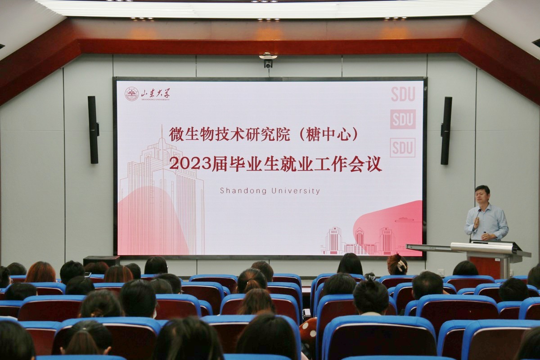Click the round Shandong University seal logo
point(131,94)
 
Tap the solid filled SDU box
point(403,119)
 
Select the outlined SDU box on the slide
point(403,148)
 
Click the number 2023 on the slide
point(190,164)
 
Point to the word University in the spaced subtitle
point(296,191)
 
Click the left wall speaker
point(93,130)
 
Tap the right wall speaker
point(446,130)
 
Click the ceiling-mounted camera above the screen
point(268,60)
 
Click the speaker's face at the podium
point(482,196)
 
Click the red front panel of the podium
point(485,267)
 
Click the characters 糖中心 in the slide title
point(328,135)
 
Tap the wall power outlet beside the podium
point(441,272)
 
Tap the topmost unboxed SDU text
point(403,94)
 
